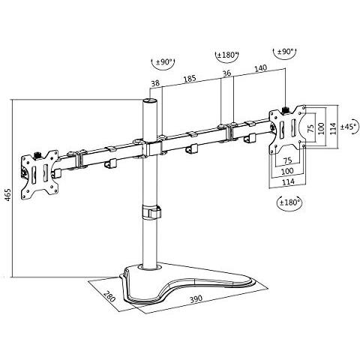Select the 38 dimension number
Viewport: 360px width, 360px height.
click(155, 83)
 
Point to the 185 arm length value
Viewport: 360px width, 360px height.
click(190, 77)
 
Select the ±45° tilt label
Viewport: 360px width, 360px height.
click(346, 127)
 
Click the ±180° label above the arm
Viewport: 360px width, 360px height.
click(226, 55)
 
